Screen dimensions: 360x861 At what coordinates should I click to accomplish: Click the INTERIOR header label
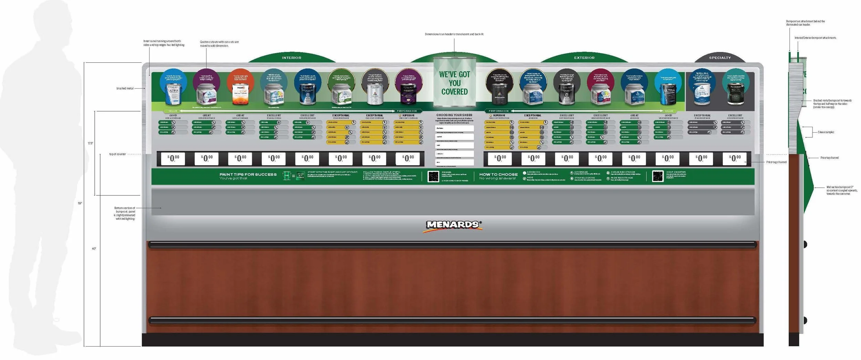point(291,58)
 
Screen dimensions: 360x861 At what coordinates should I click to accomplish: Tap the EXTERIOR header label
point(584,58)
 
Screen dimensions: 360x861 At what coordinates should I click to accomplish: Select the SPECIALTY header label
point(720,58)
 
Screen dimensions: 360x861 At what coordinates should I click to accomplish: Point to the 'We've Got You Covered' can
point(454,83)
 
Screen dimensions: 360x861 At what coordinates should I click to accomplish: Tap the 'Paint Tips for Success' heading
point(248,175)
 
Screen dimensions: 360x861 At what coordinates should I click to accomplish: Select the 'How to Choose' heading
point(498,175)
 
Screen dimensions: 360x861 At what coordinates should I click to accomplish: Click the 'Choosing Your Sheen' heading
point(454,115)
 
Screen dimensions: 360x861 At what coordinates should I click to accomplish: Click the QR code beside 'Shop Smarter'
point(657,176)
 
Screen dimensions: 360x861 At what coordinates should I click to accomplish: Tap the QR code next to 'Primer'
point(433,176)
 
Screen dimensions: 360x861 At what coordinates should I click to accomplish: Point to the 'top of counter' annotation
point(117,154)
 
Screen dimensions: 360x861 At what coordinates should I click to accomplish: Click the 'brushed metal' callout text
point(125,89)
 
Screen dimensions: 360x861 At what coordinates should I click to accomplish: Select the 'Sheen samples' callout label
point(826,132)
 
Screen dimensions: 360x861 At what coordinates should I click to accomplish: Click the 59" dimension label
point(80,203)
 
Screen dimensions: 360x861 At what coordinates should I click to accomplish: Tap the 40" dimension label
point(94,249)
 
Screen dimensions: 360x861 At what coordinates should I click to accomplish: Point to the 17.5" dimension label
point(90,143)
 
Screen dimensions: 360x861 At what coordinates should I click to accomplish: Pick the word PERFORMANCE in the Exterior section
point(498,111)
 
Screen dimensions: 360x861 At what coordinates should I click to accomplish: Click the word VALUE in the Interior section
point(173,111)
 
